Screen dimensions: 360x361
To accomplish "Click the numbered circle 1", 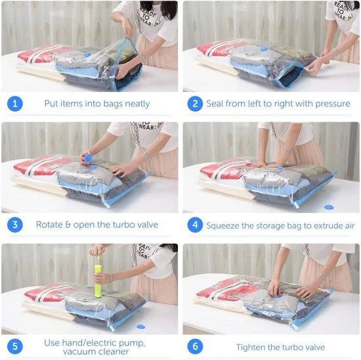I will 15,104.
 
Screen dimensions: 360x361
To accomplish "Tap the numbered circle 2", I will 195,104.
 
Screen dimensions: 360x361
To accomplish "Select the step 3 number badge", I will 15,225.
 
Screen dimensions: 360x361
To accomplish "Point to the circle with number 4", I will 195,225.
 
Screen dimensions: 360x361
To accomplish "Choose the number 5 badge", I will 15,347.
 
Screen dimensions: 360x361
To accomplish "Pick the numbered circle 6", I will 195,347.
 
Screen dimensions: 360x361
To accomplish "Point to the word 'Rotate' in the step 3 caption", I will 51,225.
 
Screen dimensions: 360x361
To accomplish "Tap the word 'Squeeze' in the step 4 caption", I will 224,225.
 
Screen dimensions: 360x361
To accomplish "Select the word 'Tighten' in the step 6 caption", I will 253,347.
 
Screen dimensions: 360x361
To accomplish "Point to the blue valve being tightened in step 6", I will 274,285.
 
